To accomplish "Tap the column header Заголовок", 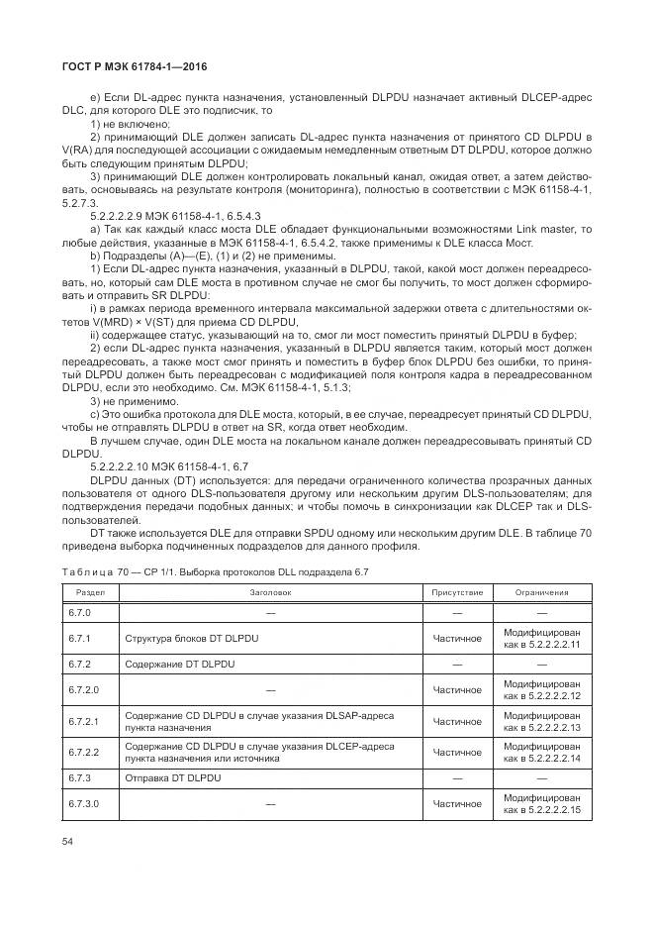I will click(x=270, y=592).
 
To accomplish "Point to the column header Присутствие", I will click(x=457, y=592).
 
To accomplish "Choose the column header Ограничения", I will click(x=541, y=592).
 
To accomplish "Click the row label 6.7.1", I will click(x=80, y=638).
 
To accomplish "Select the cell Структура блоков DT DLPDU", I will click(x=191, y=638).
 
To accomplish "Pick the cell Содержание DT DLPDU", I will click(x=175, y=663).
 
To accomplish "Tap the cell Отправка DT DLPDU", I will click(x=172, y=778).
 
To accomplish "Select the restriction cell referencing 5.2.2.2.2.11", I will click(x=541, y=638).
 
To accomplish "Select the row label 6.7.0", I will click(x=80, y=613).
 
